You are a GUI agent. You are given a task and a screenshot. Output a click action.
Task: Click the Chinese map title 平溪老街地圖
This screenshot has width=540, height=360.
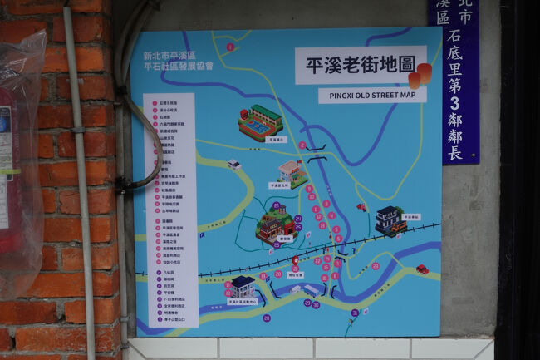(361, 65)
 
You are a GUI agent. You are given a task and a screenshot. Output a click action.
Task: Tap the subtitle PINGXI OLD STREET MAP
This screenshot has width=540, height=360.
(371, 95)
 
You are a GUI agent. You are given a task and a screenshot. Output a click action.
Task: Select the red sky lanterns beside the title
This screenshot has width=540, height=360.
(420, 76)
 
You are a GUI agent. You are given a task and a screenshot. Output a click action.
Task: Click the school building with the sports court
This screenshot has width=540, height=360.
(260, 122)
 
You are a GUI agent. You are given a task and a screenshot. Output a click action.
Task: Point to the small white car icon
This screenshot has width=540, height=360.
(234, 165)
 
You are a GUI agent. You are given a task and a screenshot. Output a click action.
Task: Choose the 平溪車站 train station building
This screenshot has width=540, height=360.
(390, 221)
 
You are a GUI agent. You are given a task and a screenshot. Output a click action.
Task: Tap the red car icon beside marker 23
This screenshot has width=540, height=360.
(422, 269)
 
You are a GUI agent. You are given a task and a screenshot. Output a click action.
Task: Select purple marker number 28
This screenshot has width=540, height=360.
(267, 318)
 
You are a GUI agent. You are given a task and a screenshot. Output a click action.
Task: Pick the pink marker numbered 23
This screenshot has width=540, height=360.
(376, 266)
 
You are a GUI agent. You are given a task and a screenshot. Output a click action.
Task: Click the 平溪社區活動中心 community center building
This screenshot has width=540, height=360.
(243, 288)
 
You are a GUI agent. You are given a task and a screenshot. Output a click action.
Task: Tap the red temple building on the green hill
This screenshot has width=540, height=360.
(276, 224)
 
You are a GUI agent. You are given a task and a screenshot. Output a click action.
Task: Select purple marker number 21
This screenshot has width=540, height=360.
(276, 205)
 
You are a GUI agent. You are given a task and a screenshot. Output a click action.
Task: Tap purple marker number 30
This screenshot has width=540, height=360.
(316, 304)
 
